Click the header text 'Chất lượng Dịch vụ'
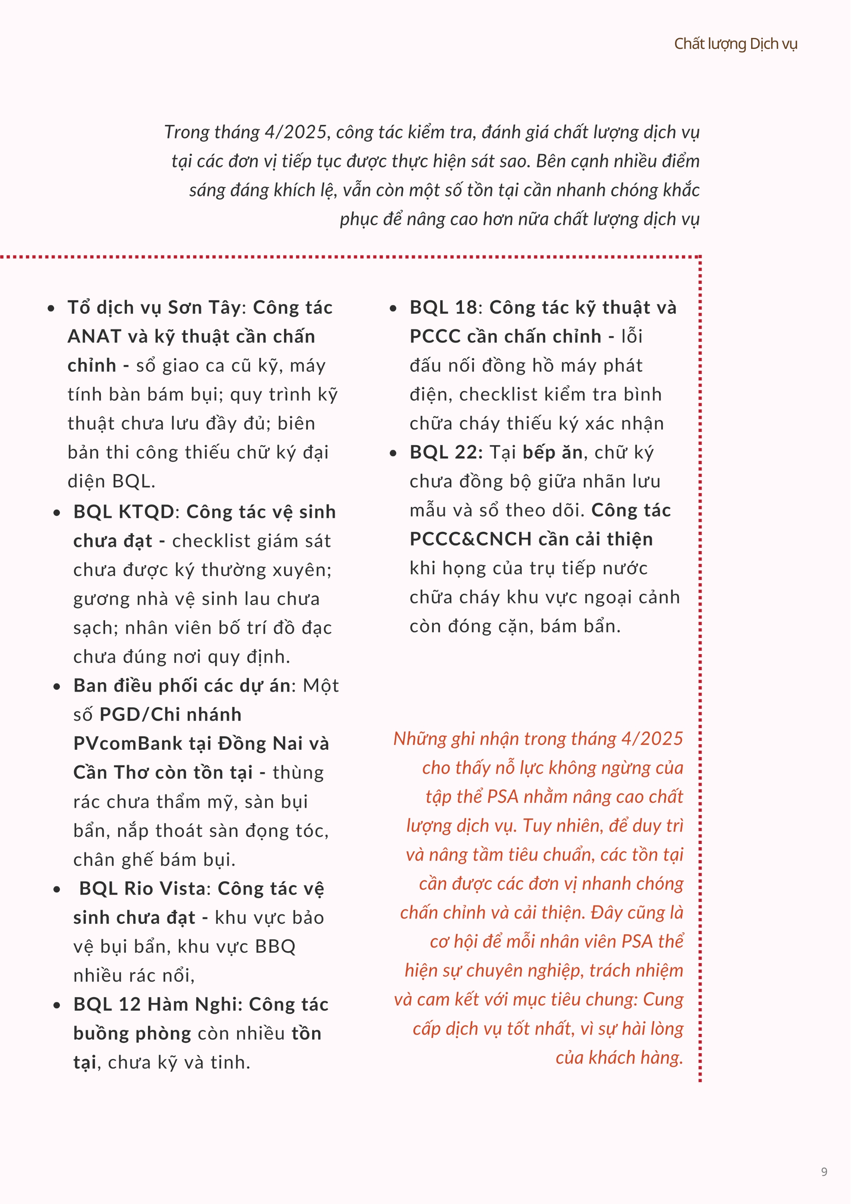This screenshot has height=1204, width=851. (735, 44)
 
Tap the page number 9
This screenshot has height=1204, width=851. (824, 1171)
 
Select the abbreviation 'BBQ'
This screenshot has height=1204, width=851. (275, 946)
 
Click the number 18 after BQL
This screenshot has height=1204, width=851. (465, 307)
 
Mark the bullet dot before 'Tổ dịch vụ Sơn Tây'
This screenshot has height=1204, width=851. (51, 308)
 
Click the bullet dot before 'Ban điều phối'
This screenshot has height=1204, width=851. (57, 686)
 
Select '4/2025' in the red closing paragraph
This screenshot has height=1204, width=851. (652, 738)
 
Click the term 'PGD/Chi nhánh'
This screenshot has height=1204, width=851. (171, 715)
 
